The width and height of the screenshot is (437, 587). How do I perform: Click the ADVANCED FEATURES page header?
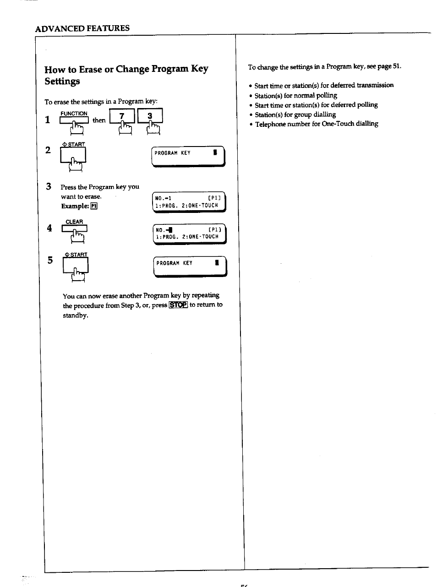point(82,28)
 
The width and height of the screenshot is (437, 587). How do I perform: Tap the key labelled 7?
point(122,117)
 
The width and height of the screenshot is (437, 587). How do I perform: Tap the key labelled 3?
point(150,117)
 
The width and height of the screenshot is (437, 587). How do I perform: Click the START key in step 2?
point(74,156)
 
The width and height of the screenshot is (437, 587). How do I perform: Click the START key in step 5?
point(76,266)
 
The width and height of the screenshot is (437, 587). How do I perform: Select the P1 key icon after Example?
point(94,206)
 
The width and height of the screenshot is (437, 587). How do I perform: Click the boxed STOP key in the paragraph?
point(178,305)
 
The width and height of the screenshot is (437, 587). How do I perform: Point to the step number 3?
point(48,186)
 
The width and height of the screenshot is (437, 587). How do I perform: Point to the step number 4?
point(49,228)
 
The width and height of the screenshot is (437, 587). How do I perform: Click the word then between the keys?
point(99,120)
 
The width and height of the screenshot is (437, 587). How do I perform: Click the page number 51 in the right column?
point(396,66)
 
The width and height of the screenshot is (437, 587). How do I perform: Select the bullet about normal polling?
point(295,95)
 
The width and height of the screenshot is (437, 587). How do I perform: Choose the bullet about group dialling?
point(295,114)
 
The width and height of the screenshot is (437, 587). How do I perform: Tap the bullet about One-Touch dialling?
point(316,124)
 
